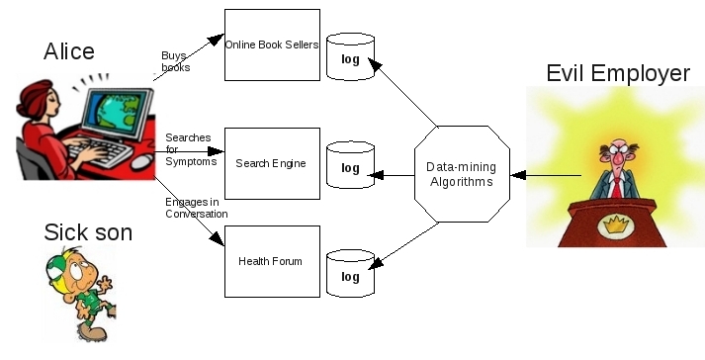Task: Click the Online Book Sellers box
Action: click(x=273, y=45)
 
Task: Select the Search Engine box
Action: click(x=273, y=163)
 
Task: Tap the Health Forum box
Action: click(x=273, y=261)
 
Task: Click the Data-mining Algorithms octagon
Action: click(x=462, y=174)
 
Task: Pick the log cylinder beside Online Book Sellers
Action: click(x=350, y=57)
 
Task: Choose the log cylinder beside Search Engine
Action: click(x=350, y=165)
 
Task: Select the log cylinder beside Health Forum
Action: click(x=350, y=274)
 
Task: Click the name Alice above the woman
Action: click(x=69, y=51)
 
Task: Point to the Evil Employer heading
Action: click(x=618, y=73)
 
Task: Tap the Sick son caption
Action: click(x=88, y=232)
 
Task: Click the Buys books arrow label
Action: click(x=175, y=61)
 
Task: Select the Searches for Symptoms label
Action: click(x=191, y=149)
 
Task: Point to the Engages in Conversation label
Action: click(x=197, y=208)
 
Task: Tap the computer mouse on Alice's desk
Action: click(x=142, y=161)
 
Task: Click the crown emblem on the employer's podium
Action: click(x=616, y=225)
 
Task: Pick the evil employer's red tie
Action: click(x=617, y=188)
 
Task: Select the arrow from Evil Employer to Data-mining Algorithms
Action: click(x=546, y=175)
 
